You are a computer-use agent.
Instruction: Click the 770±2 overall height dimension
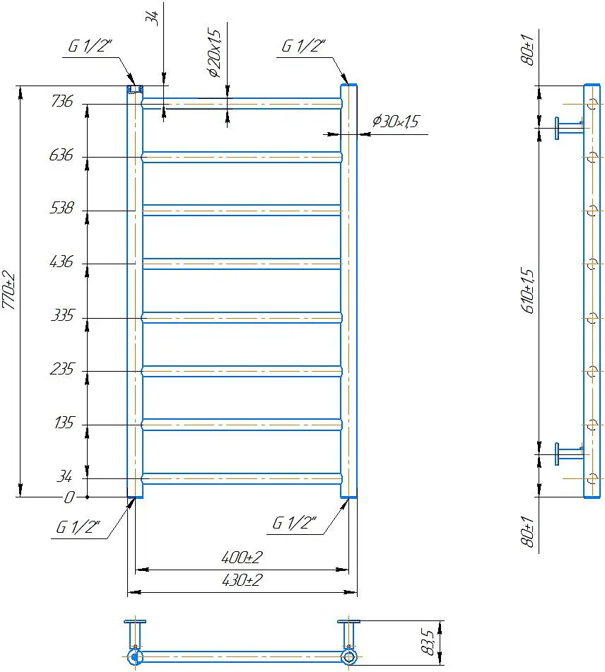(x=9, y=290)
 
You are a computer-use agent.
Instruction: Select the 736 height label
(x=62, y=101)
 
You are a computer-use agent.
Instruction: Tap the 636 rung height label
(x=61, y=155)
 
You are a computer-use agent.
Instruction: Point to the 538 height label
(x=61, y=208)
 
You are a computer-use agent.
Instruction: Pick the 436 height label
(x=61, y=261)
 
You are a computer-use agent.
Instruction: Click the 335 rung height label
(x=63, y=315)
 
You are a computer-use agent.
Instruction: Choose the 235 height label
(x=62, y=369)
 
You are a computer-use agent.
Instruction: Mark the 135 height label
(x=64, y=423)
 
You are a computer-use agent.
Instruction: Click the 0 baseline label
(x=69, y=497)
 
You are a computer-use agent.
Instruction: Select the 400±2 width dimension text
(x=242, y=557)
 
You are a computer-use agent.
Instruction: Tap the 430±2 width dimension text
(x=242, y=580)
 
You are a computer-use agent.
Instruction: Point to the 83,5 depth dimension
(x=428, y=642)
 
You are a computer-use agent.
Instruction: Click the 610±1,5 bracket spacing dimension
(x=528, y=290)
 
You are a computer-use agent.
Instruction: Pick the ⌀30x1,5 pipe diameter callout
(x=395, y=122)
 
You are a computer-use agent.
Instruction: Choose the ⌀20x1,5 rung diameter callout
(x=214, y=53)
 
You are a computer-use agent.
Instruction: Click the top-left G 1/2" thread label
(x=90, y=46)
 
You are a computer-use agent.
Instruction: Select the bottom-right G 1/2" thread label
(x=294, y=522)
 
